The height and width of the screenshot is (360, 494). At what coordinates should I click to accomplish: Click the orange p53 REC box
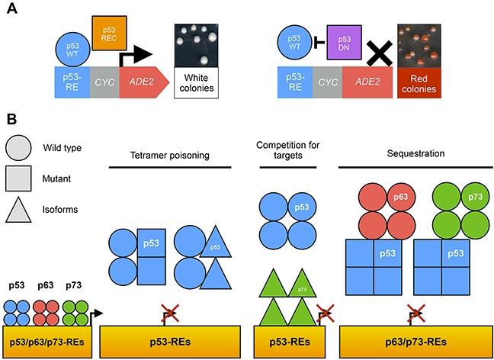[110, 35]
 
